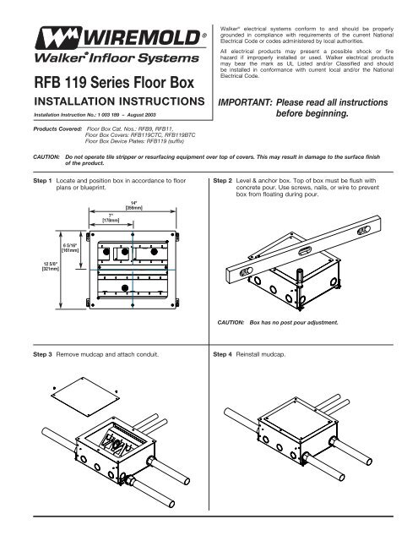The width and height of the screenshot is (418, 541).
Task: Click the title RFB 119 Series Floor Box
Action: (x=103, y=85)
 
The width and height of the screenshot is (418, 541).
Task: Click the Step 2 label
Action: (x=221, y=182)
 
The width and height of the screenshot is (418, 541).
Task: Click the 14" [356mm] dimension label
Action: (x=133, y=205)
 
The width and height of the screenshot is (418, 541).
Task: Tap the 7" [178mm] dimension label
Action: (x=112, y=217)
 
